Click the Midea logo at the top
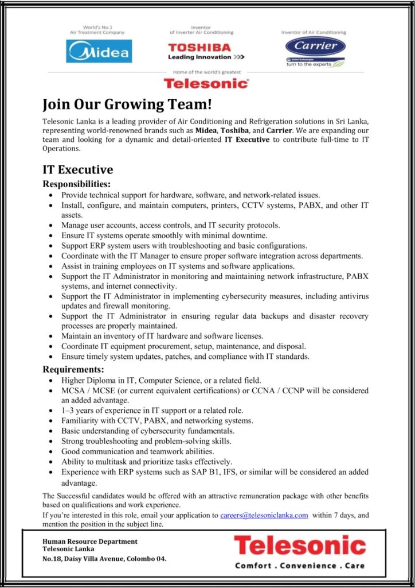tap(99, 51)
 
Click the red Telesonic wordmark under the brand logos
tap(206, 83)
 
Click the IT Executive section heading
tap(78, 169)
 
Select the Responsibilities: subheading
tap(77, 184)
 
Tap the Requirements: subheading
tap(73, 369)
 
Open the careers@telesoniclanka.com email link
tap(264, 515)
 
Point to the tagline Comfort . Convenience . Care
tap(300, 566)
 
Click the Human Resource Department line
tap(90, 541)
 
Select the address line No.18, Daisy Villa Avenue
tap(104, 558)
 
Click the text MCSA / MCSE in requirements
tap(86, 390)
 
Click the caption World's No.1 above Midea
tap(99, 28)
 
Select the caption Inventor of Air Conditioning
tap(314, 33)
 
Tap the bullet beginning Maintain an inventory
tap(162, 336)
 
